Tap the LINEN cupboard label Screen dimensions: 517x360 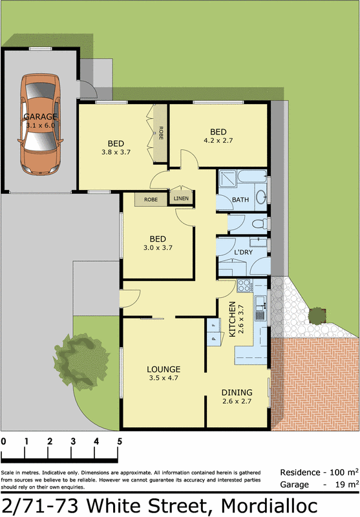point(181,199)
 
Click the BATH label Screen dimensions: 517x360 point(240,200)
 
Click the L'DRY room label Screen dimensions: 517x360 point(243,252)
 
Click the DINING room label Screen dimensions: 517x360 point(237,392)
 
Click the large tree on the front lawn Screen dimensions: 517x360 point(78,359)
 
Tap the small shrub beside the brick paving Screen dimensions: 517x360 point(318,315)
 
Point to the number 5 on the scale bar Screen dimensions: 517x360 point(120,441)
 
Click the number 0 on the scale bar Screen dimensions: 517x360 point(4,441)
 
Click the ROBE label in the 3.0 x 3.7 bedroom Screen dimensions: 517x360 point(151,200)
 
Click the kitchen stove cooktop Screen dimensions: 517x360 point(244,285)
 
